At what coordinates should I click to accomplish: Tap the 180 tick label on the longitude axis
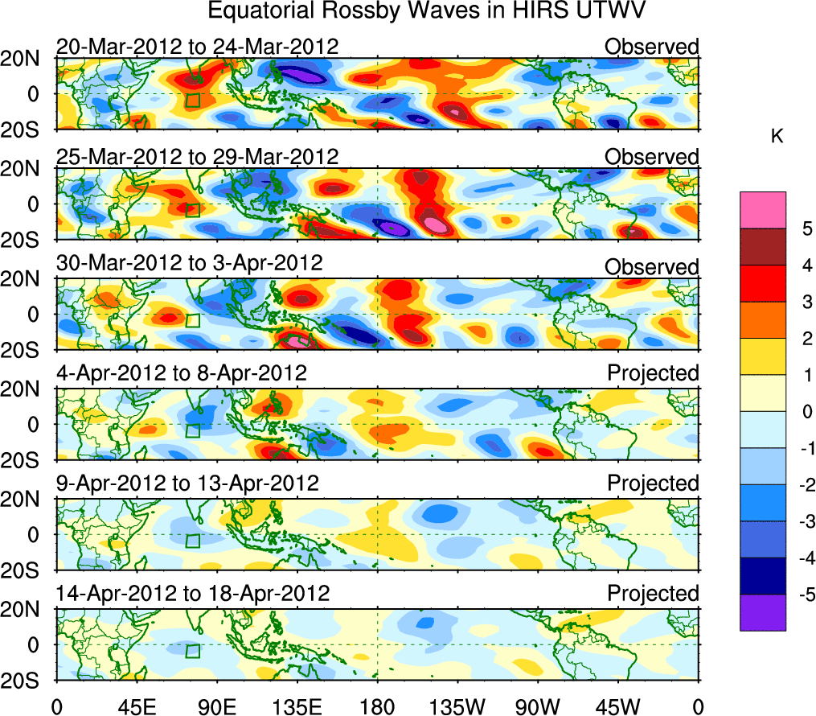[377, 706]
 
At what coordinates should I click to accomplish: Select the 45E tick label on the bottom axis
[134, 706]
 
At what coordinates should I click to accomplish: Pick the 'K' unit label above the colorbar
[777, 138]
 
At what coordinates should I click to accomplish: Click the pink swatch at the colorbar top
[762, 209]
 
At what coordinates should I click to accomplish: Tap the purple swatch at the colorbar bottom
[762, 612]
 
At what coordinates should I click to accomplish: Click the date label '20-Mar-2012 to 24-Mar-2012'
[197, 47]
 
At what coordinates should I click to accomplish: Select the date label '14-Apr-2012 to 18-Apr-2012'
[193, 594]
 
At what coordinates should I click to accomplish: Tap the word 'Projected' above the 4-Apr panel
[653, 373]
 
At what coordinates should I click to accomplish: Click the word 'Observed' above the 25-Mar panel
[652, 156]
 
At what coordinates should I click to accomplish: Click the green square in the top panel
[192, 100]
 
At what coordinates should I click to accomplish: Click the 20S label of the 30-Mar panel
[27, 350]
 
